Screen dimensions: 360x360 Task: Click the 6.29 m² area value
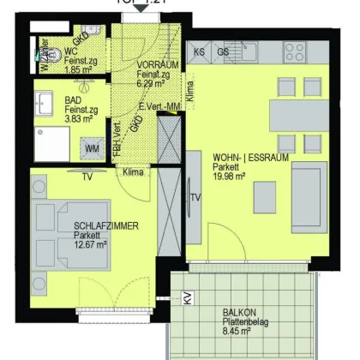154,83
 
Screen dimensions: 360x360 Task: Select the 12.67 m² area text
90,243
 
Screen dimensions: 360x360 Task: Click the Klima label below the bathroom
134,171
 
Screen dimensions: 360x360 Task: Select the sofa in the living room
307,190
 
